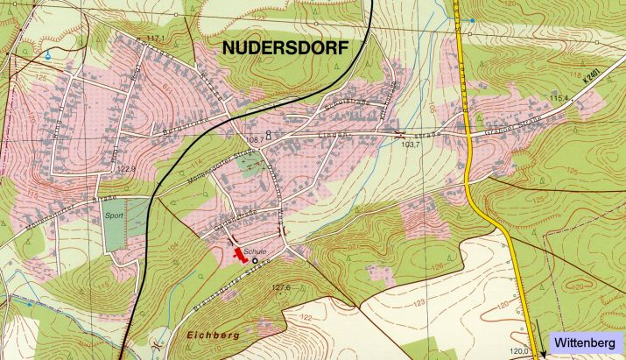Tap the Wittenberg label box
click(587, 344)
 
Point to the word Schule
click(255, 249)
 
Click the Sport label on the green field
click(114, 213)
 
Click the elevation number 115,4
click(559, 98)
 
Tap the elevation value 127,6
click(280, 287)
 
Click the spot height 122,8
click(126, 168)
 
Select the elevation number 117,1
click(154, 39)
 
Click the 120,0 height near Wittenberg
click(521, 351)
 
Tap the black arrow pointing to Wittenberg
click(544, 353)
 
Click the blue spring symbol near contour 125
click(48, 54)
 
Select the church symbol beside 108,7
click(268, 134)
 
